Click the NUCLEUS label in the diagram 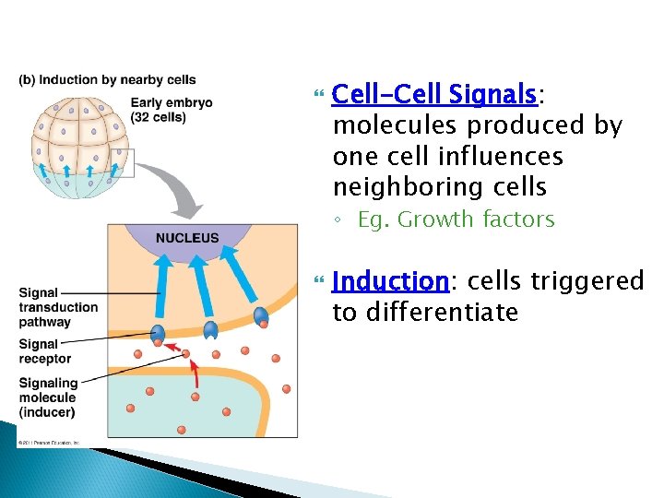tap(187, 238)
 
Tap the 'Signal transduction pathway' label tap(58, 308)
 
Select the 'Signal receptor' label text tap(45, 351)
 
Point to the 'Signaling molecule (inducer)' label tap(48, 397)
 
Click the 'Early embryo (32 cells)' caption tap(172, 110)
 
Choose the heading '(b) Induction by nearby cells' tap(107, 80)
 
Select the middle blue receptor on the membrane tap(210, 329)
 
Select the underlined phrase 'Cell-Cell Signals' tap(433, 94)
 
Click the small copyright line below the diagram tap(50, 444)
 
